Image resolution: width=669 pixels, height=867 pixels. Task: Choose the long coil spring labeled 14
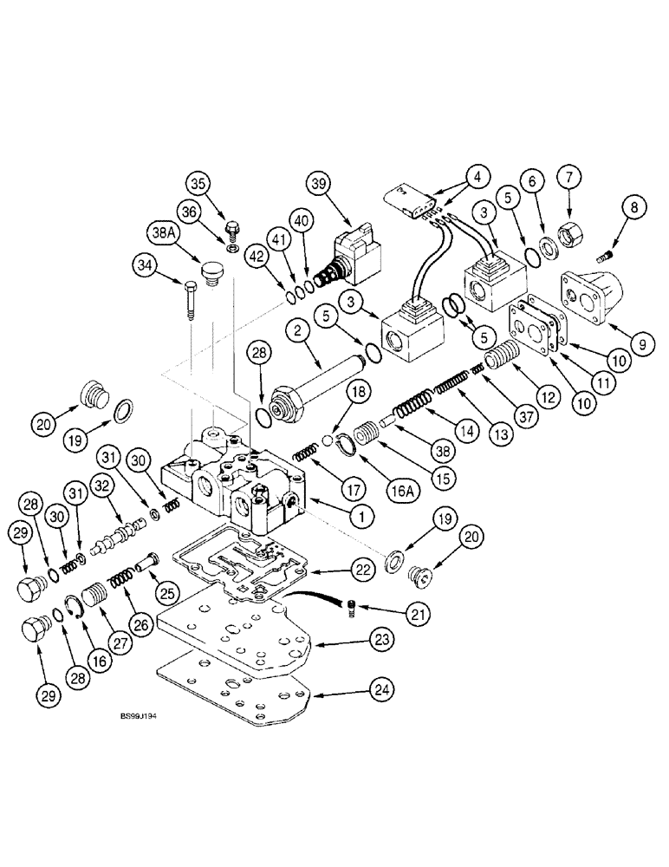tap(413, 407)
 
